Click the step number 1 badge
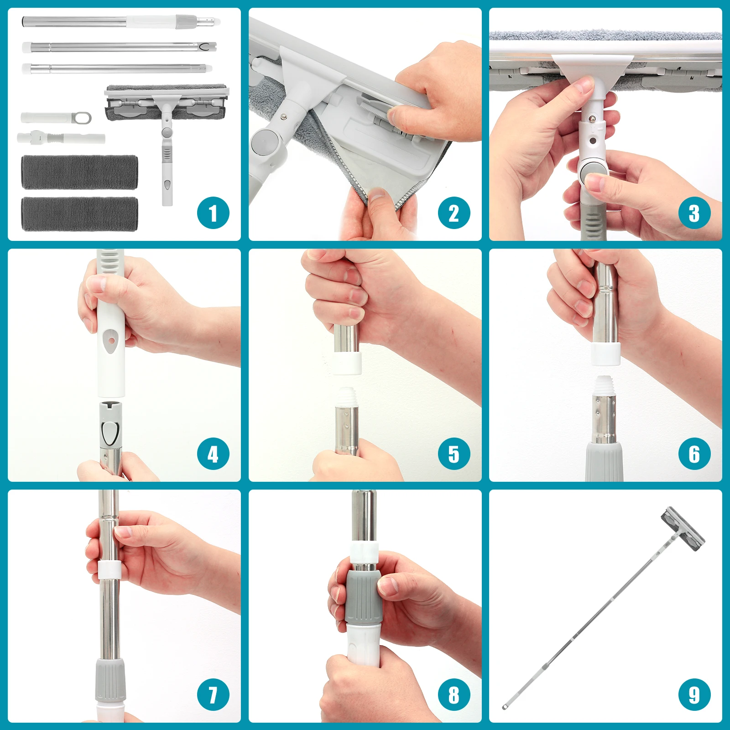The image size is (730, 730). [x=213, y=213]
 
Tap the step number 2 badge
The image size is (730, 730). [x=454, y=213]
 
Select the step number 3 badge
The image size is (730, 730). [x=694, y=213]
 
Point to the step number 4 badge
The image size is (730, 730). [x=213, y=454]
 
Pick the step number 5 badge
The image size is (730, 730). [x=454, y=454]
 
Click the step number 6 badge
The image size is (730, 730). [x=694, y=454]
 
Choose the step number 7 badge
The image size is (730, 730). [x=213, y=695]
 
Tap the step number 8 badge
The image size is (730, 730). [x=454, y=695]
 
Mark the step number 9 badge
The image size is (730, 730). [x=694, y=695]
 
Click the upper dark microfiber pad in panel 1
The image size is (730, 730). [x=79, y=172]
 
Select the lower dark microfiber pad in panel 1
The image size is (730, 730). [x=79, y=214]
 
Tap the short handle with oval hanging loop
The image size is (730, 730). [x=56, y=118]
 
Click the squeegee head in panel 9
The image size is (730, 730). [x=683, y=528]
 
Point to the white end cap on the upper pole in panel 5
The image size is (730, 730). [x=347, y=362]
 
